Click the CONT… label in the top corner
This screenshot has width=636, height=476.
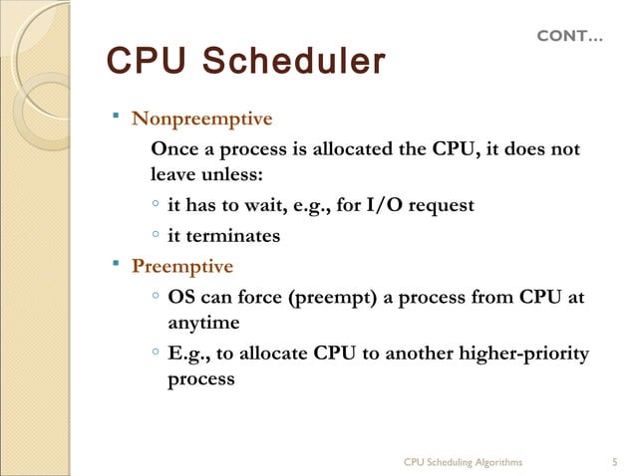(569, 37)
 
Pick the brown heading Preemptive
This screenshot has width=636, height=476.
(182, 267)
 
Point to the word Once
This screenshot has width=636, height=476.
(171, 149)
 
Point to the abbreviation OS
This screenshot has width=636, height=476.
(182, 297)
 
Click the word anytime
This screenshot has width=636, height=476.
(203, 324)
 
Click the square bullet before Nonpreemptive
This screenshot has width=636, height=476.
(116, 119)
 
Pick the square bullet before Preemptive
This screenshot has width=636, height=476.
(116, 266)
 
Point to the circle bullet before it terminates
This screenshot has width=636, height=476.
(157, 236)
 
